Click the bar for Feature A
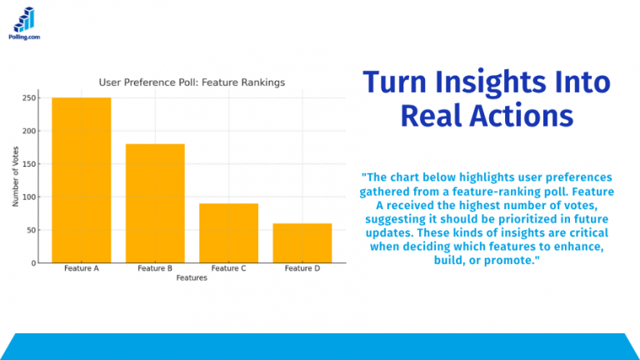[x=81, y=180]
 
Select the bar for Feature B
[x=155, y=203]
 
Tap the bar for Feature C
[x=228, y=233]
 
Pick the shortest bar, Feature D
[x=302, y=242]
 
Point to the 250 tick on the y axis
[x=29, y=98]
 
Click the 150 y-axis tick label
[x=29, y=164]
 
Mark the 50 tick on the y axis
[x=32, y=230]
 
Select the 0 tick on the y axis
[x=34, y=263]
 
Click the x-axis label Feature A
[x=81, y=269]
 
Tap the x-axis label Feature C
[x=228, y=269]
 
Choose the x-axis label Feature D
[x=302, y=269]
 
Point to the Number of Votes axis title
[x=16, y=177]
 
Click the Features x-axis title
[x=192, y=278]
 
